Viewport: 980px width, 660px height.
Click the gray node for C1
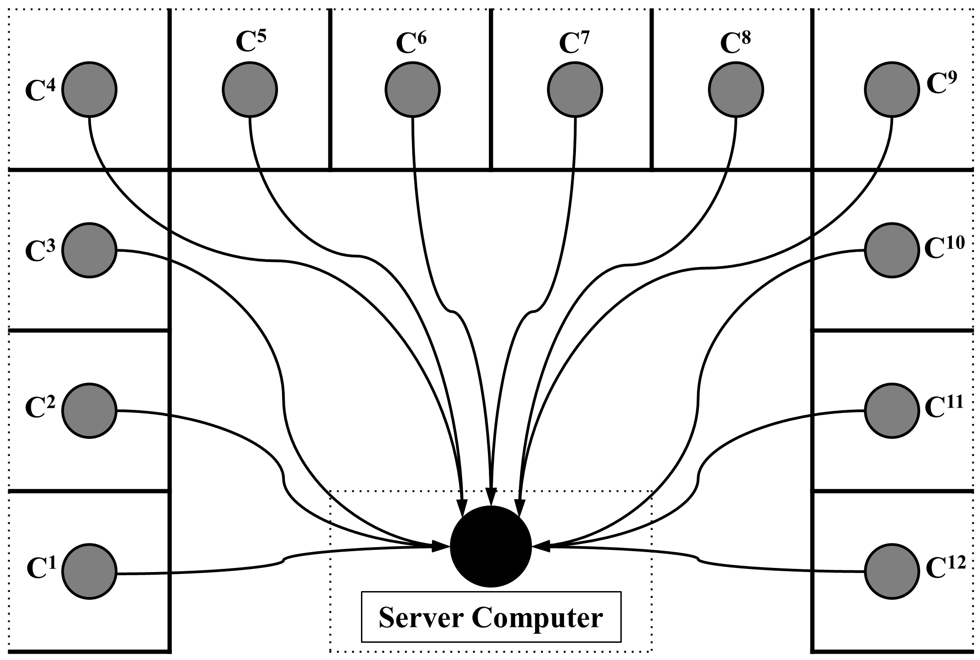coord(89,572)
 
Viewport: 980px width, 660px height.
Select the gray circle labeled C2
coord(89,411)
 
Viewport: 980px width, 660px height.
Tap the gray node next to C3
coord(89,250)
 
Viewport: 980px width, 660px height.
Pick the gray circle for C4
coord(89,89)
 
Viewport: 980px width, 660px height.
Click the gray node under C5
coord(250,89)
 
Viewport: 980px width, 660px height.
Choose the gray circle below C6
coord(413,89)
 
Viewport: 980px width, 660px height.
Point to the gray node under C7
coord(575,89)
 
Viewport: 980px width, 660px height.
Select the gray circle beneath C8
coord(736,89)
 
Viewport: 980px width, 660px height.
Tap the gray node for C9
coord(892,89)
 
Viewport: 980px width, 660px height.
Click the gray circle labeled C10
coord(892,250)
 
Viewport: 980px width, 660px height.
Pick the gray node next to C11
coord(892,411)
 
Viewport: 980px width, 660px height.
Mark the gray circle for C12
coord(892,572)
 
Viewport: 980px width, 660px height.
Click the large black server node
coord(491,546)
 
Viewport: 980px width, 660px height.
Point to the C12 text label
coord(945,567)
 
